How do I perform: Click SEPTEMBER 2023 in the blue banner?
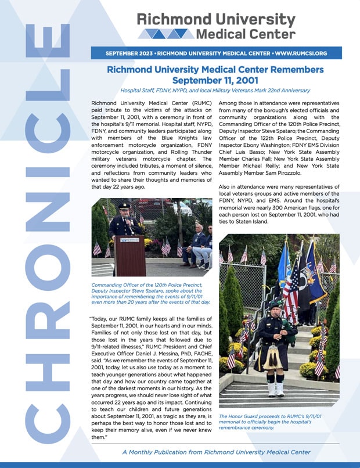(129, 53)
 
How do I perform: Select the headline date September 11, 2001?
(215, 80)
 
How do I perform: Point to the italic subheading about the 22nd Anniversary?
(215, 91)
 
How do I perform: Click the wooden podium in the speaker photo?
(129, 254)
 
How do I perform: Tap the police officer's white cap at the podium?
(124, 205)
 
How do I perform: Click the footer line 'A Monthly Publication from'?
(215, 452)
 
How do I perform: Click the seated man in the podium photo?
(200, 244)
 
